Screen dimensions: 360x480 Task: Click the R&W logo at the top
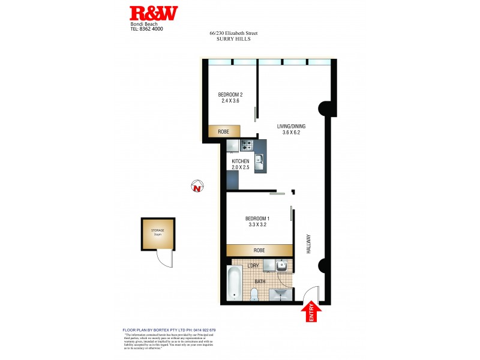[x=154, y=14]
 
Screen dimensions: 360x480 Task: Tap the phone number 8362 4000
[x=151, y=28]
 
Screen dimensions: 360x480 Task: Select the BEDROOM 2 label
[x=230, y=94]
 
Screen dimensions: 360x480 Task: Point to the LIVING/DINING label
[x=292, y=127]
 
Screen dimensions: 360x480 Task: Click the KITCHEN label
[x=241, y=162]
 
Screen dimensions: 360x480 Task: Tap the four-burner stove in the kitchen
[x=247, y=145]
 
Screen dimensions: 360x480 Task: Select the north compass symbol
[x=197, y=188]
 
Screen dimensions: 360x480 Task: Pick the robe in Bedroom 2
[x=223, y=131]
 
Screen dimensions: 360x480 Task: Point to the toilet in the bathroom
[x=254, y=293]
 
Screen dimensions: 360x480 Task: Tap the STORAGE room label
[x=157, y=230]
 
